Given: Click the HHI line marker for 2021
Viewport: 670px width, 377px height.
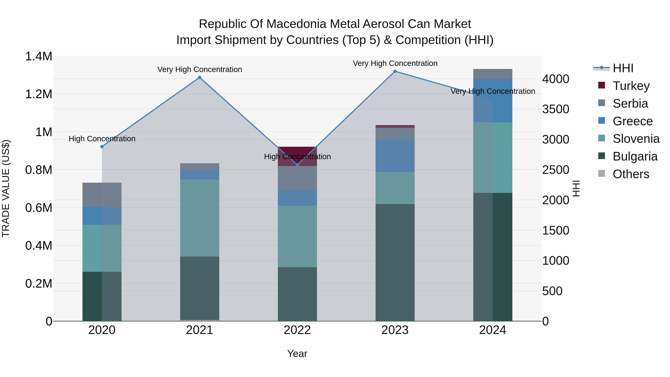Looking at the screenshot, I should pos(200,77).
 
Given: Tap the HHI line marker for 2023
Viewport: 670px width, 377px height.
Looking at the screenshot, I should pos(395,71).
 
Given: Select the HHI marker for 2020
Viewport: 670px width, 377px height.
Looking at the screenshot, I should pos(102,147).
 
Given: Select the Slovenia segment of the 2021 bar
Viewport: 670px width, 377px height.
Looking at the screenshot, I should pos(200,218).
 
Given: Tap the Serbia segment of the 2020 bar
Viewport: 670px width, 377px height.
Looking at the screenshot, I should pos(102,195).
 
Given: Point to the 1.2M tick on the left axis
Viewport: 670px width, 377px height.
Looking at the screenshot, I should pos(39,94).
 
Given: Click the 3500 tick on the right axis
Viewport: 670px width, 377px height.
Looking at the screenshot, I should pos(556,109).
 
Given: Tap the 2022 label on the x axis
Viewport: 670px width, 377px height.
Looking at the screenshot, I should pos(297,330).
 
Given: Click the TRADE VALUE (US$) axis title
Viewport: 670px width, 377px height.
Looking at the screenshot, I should pos(6,188).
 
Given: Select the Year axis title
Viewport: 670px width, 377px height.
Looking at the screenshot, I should pos(297,354).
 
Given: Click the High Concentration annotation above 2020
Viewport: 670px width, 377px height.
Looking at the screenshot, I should pos(102,139).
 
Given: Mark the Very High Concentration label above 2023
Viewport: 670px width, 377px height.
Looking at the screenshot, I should pos(395,63).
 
